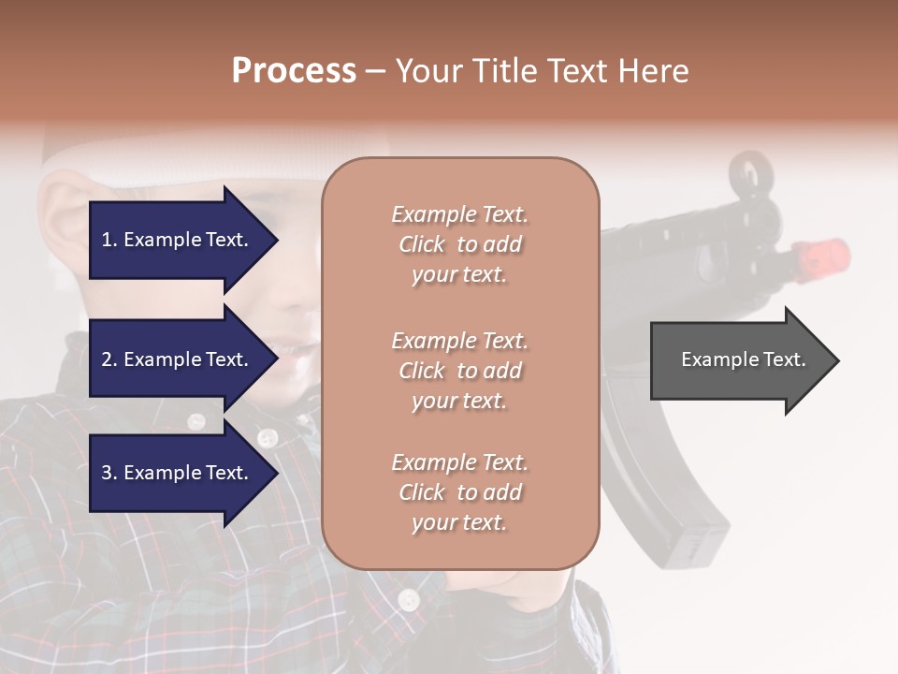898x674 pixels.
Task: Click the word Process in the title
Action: [x=294, y=71]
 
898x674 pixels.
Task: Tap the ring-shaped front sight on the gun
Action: [x=751, y=174]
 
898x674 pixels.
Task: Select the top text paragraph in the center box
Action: [x=459, y=244]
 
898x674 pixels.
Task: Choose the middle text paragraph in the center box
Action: [x=459, y=371]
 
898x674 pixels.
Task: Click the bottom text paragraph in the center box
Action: [x=459, y=492]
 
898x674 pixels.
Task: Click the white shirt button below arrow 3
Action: [x=408, y=599]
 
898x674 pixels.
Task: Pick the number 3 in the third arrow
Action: [x=107, y=473]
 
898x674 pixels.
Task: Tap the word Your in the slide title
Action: [x=427, y=71]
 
